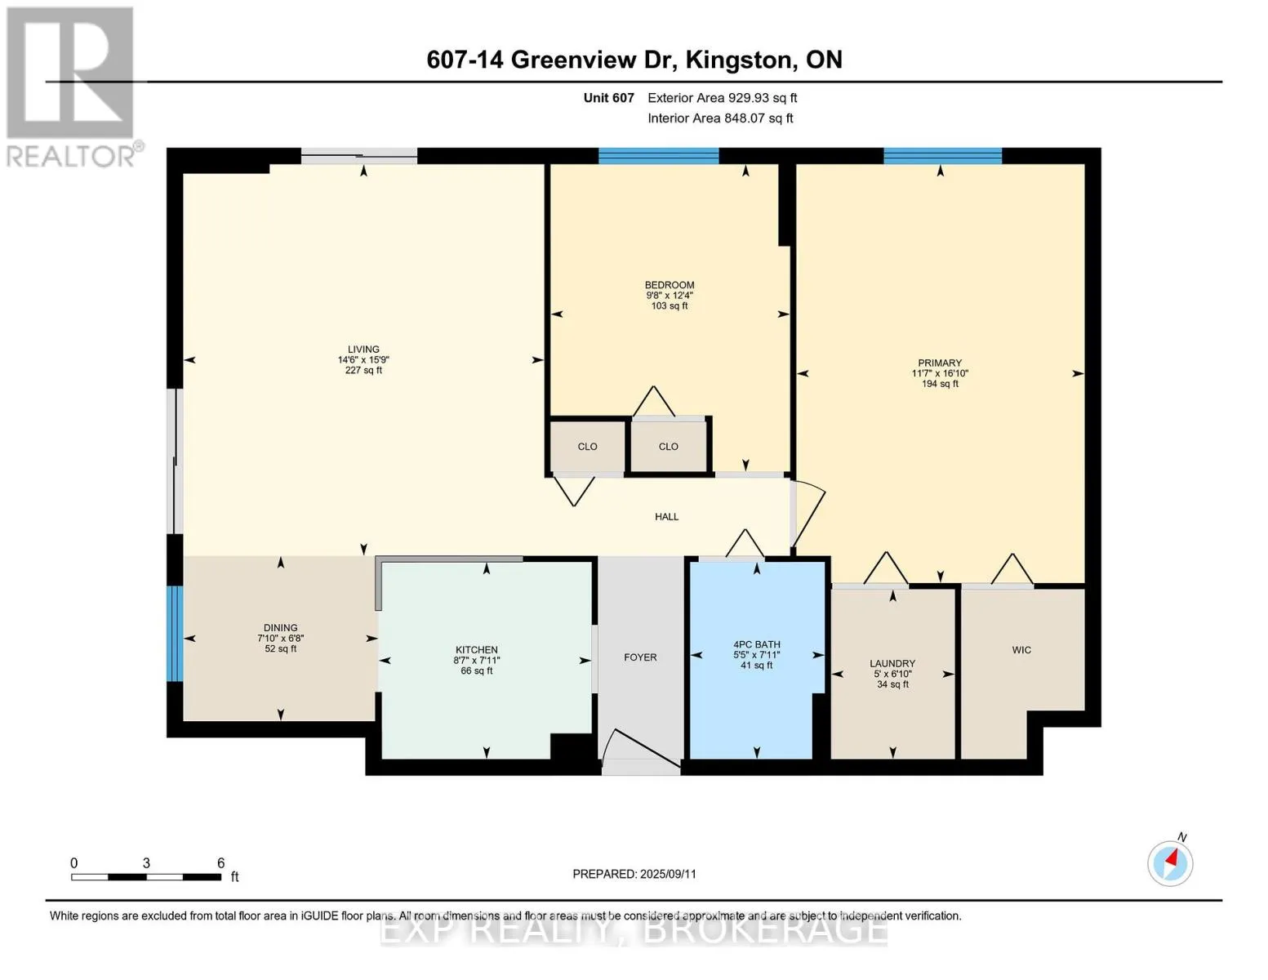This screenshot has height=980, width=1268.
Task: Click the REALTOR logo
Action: [x=72, y=87]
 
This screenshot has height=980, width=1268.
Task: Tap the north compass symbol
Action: [x=1169, y=862]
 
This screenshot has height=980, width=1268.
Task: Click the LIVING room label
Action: [x=363, y=349]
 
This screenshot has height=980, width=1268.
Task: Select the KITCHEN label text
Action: [x=477, y=649]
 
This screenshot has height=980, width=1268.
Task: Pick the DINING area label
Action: [x=281, y=627]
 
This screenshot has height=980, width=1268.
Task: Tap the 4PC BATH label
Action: [x=757, y=644]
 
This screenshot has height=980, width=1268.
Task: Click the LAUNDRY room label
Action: [x=892, y=664]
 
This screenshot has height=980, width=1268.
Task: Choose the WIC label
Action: [x=1021, y=649]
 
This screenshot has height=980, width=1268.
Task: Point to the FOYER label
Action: [x=640, y=657]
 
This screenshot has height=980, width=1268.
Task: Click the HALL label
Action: [x=666, y=517]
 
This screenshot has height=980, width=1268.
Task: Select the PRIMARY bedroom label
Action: [x=940, y=363]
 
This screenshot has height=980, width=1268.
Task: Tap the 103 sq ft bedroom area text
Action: [x=670, y=306]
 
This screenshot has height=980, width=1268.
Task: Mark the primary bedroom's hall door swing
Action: [x=808, y=514]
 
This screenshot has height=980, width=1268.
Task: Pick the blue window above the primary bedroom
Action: [x=942, y=156]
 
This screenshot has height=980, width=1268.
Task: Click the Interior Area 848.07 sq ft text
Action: [x=720, y=118]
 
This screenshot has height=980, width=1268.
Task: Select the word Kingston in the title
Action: [x=738, y=60]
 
